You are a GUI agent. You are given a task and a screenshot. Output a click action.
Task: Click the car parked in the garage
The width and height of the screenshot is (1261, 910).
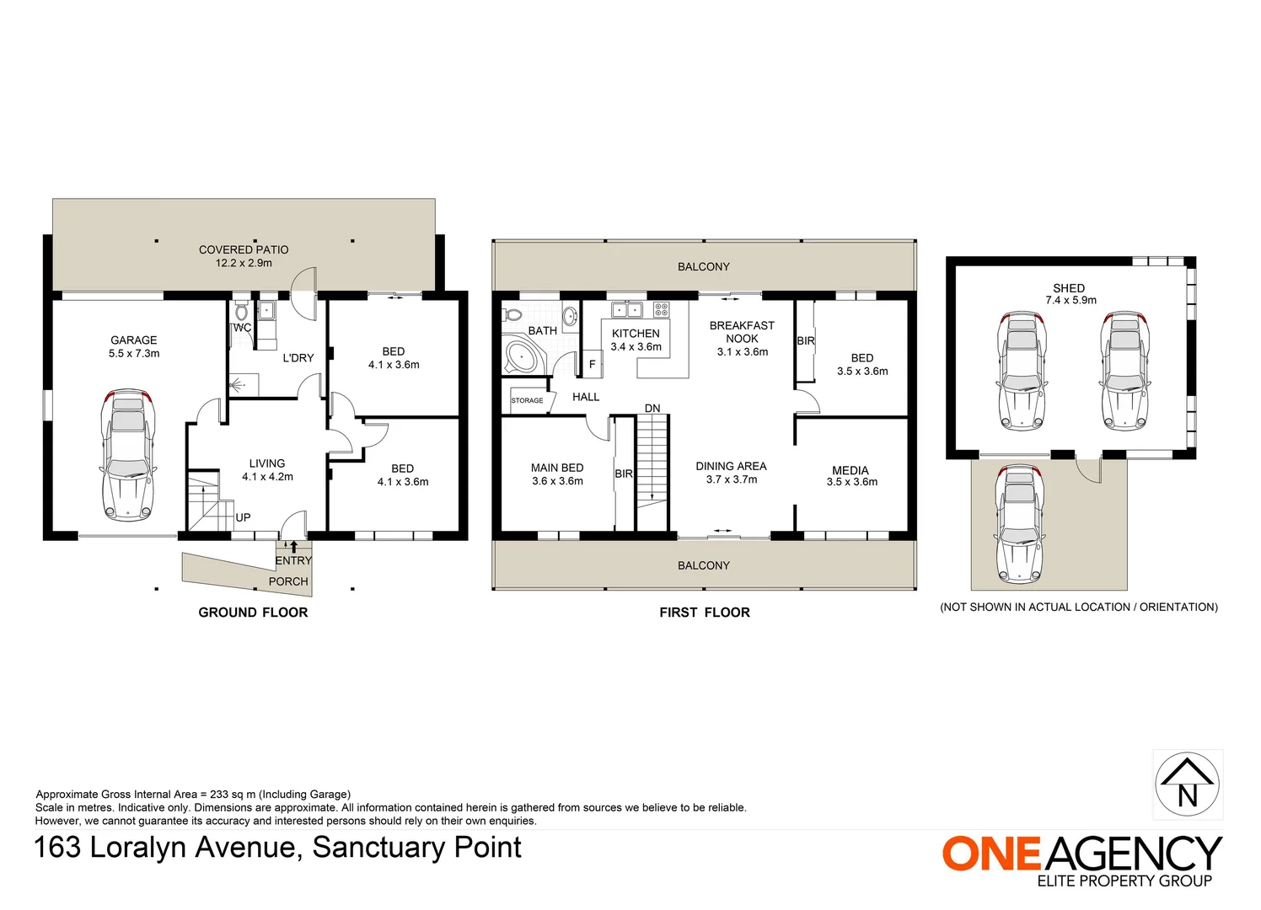point(128,454)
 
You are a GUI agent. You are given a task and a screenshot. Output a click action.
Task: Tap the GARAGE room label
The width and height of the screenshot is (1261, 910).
point(134,340)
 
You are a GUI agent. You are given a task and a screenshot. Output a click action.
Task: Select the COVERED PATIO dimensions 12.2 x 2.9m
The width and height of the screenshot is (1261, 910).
point(244,263)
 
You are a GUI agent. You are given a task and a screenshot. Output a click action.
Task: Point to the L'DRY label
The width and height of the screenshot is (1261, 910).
point(298,358)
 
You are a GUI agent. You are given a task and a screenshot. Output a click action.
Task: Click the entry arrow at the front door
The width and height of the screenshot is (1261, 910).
point(293,547)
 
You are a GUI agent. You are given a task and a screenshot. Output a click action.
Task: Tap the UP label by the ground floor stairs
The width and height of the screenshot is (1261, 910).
point(243,517)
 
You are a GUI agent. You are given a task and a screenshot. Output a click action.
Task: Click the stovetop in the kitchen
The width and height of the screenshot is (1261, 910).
point(661,309)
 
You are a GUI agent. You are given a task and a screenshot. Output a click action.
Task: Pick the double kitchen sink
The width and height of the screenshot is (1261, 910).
point(626,309)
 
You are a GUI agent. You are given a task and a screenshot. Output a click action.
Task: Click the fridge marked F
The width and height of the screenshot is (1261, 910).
point(592,365)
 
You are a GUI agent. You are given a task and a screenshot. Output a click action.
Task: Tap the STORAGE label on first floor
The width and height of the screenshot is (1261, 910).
point(527,400)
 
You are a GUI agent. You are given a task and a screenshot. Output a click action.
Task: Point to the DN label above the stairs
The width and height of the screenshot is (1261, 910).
point(652,409)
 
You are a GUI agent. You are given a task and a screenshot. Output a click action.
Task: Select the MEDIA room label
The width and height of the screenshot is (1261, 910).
point(850,471)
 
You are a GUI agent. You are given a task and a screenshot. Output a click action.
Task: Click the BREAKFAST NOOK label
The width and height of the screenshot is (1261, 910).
point(742,332)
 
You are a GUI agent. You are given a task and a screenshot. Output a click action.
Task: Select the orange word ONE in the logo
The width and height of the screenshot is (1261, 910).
point(991,854)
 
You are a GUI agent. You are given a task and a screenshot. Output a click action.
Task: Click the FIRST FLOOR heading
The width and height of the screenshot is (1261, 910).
point(705,613)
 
